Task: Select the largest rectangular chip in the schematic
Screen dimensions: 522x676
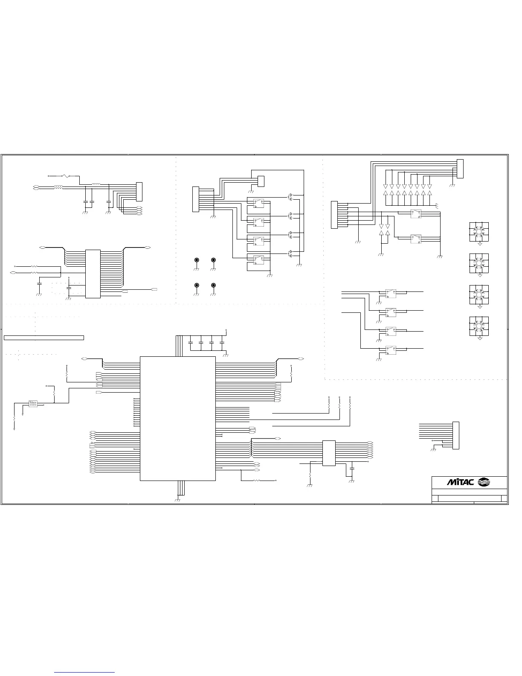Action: [177, 418]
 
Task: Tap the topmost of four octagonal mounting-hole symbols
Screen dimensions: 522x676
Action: [479, 233]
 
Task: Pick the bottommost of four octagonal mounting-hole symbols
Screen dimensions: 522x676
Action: [479, 327]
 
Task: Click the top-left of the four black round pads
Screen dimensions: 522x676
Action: [197, 260]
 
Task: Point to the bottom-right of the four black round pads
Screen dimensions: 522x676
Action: [213, 285]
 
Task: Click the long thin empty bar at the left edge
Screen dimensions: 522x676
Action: [43, 338]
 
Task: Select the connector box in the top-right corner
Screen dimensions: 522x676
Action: [460, 169]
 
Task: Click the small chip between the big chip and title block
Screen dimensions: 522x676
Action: [328, 453]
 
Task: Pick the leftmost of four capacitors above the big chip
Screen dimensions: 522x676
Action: [190, 342]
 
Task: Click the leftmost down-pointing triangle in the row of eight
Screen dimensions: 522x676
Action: [386, 186]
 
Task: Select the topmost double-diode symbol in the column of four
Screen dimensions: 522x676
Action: [290, 197]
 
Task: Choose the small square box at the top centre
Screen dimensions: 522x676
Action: [261, 181]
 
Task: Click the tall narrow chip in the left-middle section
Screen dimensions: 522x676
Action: [93, 274]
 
